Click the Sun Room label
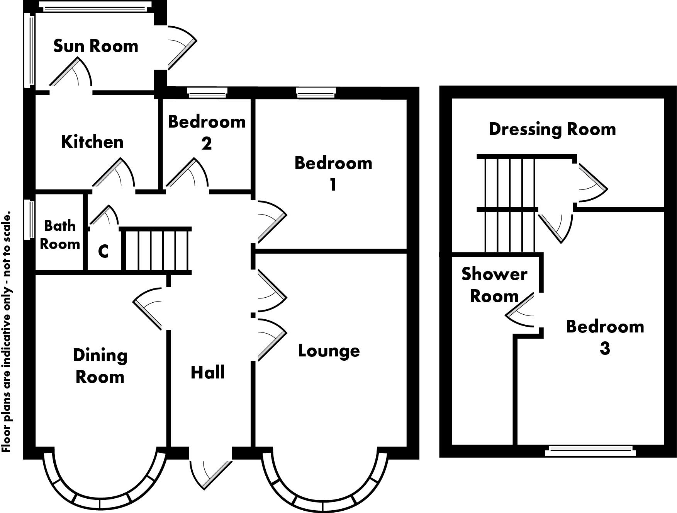(x=95, y=46)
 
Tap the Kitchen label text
(x=92, y=142)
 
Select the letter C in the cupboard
(x=103, y=252)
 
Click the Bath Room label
(x=60, y=235)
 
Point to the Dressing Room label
(x=552, y=129)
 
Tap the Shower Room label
(x=494, y=285)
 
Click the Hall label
(x=208, y=372)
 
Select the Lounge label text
(x=329, y=351)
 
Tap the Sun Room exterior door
(x=182, y=48)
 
